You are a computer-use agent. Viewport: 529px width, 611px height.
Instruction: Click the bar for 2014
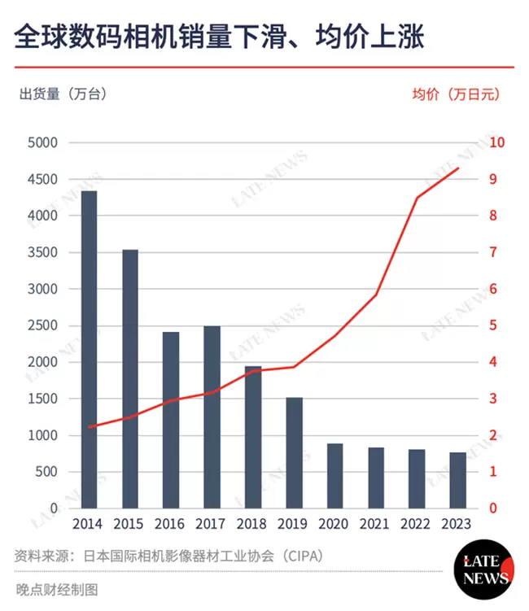point(89,350)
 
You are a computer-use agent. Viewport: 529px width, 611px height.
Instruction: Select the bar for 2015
point(130,379)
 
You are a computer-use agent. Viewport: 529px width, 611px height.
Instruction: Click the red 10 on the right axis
point(496,142)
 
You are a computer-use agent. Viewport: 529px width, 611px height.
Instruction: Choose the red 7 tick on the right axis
point(492,252)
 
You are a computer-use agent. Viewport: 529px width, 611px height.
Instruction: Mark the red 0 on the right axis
point(492,508)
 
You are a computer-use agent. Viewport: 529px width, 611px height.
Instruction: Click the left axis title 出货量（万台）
point(63,94)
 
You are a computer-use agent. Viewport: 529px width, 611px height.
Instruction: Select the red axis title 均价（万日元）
point(456,94)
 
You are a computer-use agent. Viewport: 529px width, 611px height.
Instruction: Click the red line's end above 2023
point(458,168)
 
